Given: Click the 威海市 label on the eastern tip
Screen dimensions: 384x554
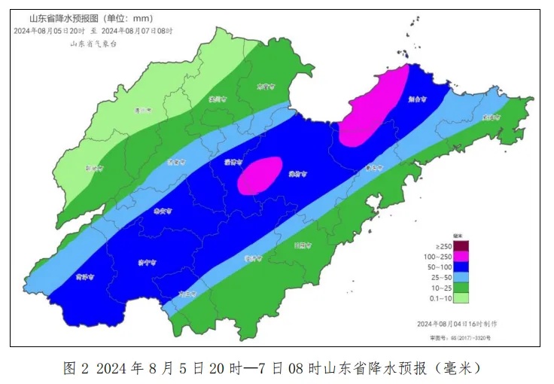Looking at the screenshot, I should point(492,117).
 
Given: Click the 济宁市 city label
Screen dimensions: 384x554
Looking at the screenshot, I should point(148,262).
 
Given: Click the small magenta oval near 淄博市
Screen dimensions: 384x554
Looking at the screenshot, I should point(260,175).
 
